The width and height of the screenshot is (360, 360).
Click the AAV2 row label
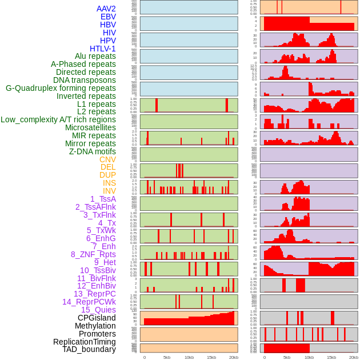(x=106, y=9)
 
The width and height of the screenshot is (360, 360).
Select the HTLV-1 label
(x=103, y=49)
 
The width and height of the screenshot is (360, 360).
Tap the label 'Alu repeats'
(x=95, y=57)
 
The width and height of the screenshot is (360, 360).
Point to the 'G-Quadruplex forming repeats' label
(x=61, y=89)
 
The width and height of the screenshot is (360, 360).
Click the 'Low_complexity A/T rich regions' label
(x=58, y=120)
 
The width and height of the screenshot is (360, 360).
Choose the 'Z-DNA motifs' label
(x=93, y=151)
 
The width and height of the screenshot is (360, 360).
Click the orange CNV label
(x=107, y=159)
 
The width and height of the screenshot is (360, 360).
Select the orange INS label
(x=109, y=183)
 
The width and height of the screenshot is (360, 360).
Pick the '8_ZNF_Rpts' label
(x=93, y=254)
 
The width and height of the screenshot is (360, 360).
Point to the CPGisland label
(x=97, y=318)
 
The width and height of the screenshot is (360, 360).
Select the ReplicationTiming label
(x=85, y=342)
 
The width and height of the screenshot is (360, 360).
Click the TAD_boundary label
(x=89, y=349)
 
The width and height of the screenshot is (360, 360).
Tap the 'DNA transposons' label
(x=85, y=81)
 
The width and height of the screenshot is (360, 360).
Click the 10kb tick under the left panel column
(x=189, y=357)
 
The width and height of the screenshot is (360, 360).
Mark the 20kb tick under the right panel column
(x=354, y=357)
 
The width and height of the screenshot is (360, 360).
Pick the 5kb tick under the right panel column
(x=287, y=357)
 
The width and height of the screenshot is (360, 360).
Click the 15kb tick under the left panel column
(x=211, y=357)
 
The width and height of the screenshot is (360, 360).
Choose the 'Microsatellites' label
(x=90, y=128)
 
